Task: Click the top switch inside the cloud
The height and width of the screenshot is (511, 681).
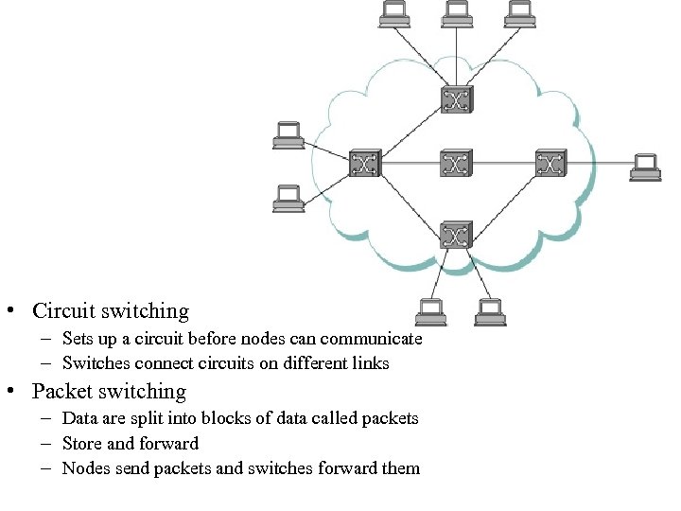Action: [456, 99]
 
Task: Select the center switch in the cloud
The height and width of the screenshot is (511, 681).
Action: [456, 164]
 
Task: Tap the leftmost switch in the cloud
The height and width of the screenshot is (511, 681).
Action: [363, 164]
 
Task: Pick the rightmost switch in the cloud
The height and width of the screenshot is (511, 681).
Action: [550, 164]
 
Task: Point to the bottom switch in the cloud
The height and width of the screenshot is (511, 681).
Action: [456, 234]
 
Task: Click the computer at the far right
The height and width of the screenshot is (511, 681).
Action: [646, 167]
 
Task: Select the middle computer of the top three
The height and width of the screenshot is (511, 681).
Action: [457, 12]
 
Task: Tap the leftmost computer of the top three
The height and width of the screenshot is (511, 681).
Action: [394, 12]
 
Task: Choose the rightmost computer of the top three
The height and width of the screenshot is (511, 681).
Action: [519, 12]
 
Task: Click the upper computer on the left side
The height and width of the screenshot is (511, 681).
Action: [288, 136]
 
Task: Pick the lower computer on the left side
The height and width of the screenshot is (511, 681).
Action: [288, 198]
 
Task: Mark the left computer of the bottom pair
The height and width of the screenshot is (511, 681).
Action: [430, 313]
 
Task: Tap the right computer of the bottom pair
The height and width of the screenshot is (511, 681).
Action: [489, 313]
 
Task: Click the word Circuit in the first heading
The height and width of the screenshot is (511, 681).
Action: [63, 311]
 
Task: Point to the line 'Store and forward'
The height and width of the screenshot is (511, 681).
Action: [130, 444]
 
